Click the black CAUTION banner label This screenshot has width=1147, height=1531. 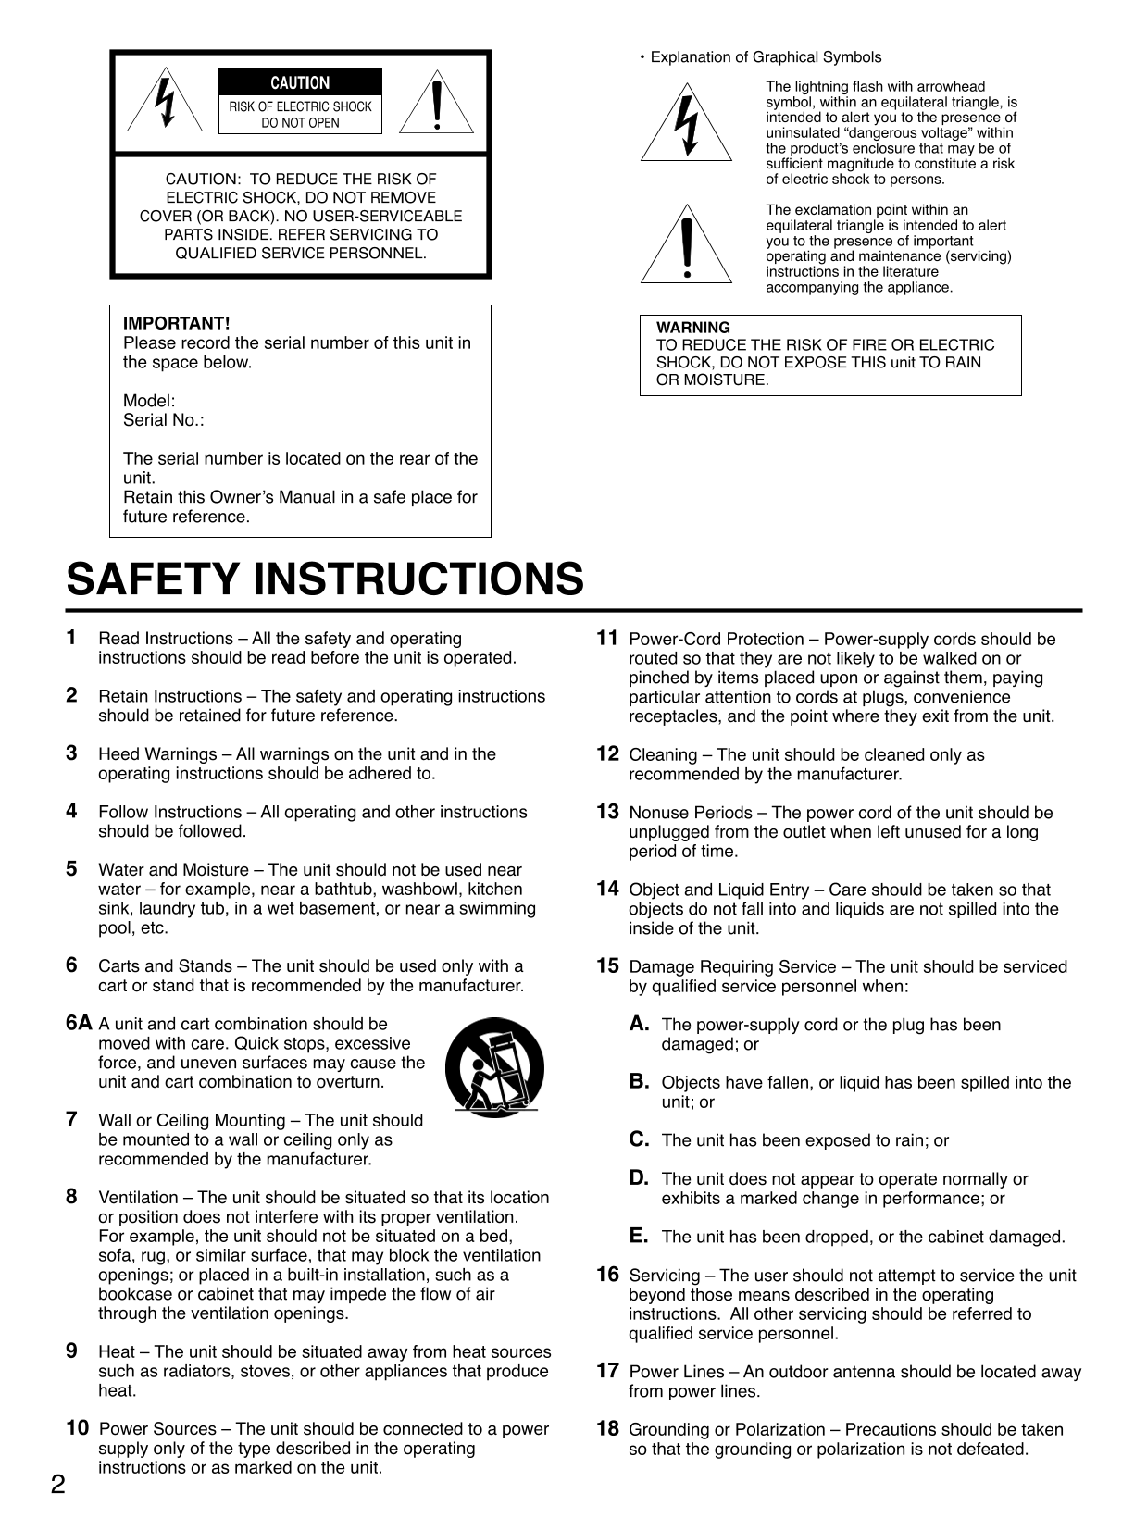coord(300,83)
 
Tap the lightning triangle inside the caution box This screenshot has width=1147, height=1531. coord(166,101)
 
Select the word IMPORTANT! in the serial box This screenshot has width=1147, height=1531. coord(176,323)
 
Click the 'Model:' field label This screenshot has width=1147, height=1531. coord(149,401)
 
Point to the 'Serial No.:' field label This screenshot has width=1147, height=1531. coord(164,420)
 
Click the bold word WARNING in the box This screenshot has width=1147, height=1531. coord(693,328)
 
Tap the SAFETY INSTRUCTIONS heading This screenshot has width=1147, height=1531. coord(325,579)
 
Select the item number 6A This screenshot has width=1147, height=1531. coord(80,1023)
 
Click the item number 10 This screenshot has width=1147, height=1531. coord(78,1428)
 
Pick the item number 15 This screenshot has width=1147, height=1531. coord(608,966)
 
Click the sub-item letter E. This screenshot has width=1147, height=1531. coord(639,1236)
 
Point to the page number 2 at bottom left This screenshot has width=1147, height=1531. coord(58,1486)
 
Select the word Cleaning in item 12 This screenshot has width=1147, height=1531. coord(663,755)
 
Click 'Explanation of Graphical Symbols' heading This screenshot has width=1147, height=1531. coord(766,57)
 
